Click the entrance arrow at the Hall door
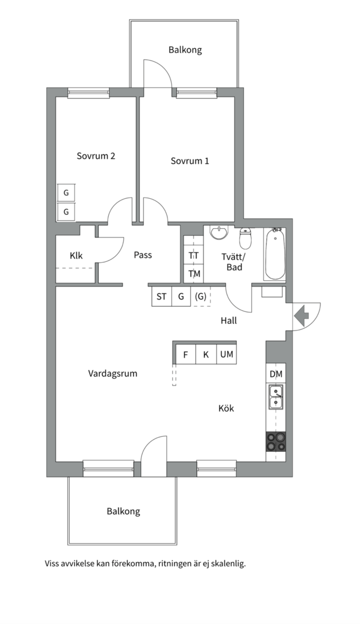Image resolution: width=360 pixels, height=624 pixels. point(302,315)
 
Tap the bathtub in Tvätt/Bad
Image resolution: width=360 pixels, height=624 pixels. point(275,254)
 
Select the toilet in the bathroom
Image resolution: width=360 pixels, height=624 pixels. point(246,238)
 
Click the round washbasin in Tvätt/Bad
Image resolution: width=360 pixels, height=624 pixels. point(219,232)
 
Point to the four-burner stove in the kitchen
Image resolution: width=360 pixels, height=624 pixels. point(276,442)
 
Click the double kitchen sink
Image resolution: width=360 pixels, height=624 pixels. point(276,398)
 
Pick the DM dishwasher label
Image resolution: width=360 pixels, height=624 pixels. point(276,374)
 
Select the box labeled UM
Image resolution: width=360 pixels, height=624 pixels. point(227,354)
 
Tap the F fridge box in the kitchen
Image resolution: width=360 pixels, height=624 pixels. point(185,354)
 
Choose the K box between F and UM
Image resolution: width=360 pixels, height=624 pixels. point(206,354)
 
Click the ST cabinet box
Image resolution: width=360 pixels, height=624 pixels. point(161,297)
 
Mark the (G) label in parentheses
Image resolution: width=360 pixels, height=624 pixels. point(201,297)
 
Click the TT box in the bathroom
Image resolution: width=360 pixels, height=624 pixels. point(194,255)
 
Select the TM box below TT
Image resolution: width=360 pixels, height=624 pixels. point(194,273)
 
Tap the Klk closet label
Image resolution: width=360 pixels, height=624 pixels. point(76,255)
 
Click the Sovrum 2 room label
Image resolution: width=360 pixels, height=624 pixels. point(96,156)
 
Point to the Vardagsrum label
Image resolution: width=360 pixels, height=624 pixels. point(113,373)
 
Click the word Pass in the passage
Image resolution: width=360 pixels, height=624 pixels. point(143,255)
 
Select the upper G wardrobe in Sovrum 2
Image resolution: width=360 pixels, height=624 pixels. point(66,193)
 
